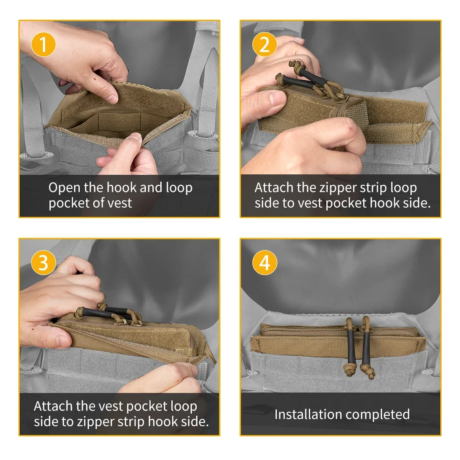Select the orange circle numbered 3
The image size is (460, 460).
tap(43, 263)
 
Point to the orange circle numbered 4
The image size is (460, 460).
tap(265, 263)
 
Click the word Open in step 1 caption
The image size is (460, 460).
tap(64, 188)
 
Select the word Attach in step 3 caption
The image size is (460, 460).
tap(53, 407)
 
